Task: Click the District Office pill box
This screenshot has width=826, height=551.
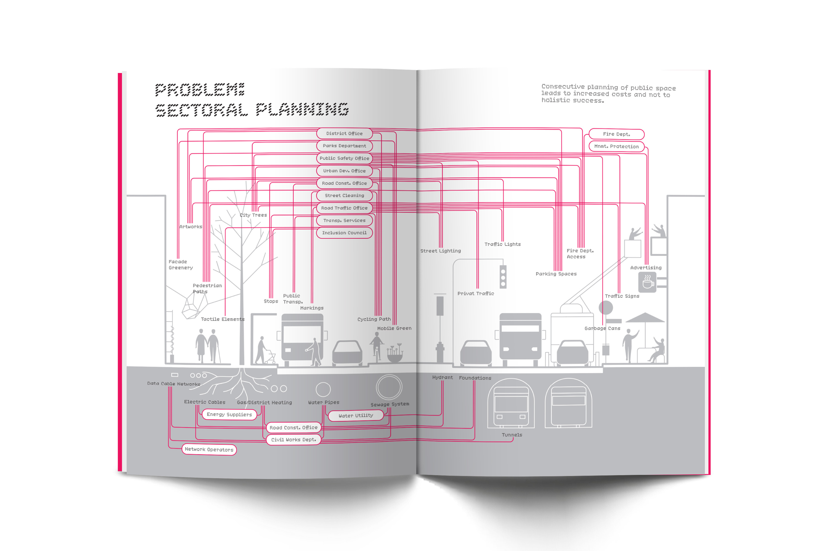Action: [344, 134]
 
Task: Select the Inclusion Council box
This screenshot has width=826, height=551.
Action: [344, 233]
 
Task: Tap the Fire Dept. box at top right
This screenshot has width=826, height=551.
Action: [616, 134]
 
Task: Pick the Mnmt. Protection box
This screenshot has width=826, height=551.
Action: [616, 146]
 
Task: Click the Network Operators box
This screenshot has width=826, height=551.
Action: [209, 450]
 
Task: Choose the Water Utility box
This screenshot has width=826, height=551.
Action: [356, 416]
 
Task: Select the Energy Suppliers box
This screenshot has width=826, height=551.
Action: [229, 415]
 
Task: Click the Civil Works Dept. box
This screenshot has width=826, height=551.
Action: [294, 440]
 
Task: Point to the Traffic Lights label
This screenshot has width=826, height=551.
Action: [503, 244]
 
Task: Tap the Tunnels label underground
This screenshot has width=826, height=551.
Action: [512, 435]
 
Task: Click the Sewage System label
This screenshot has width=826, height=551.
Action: [390, 405]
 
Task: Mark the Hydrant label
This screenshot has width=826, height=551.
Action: [442, 377]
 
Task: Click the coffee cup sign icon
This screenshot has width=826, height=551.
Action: [647, 282]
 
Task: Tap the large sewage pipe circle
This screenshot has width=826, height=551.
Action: [389, 387]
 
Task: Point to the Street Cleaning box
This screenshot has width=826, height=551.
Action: [344, 195]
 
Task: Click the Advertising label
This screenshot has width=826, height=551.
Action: [646, 268]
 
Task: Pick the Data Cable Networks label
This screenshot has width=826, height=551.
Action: [174, 384]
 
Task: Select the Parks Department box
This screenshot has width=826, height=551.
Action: [344, 146]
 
